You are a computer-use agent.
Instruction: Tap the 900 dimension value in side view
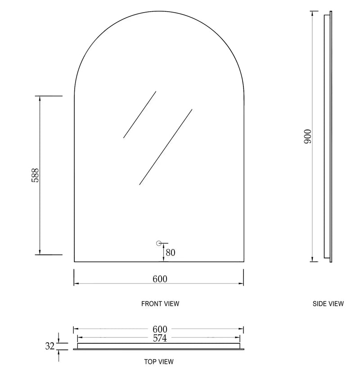(308, 136)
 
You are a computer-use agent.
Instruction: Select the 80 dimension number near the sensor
(170, 253)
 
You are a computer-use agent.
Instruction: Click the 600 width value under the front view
(160, 279)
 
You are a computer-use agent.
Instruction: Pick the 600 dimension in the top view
(160, 329)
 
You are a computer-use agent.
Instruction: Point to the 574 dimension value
(160, 338)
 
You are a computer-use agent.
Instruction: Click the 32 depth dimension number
(50, 346)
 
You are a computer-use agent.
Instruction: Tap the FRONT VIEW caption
(160, 304)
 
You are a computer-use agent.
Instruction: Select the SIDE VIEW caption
(328, 304)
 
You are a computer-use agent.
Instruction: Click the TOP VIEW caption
(159, 361)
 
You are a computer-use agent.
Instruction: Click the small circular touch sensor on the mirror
(158, 243)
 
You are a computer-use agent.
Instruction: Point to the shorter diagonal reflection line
(139, 115)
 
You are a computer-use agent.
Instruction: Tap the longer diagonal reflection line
(166, 147)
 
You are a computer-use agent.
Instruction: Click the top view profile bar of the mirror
(159, 346)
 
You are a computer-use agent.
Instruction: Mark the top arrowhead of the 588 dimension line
(40, 99)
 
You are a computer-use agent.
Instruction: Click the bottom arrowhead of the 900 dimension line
(312, 258)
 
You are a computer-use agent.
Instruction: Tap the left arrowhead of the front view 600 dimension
(76, 284)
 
